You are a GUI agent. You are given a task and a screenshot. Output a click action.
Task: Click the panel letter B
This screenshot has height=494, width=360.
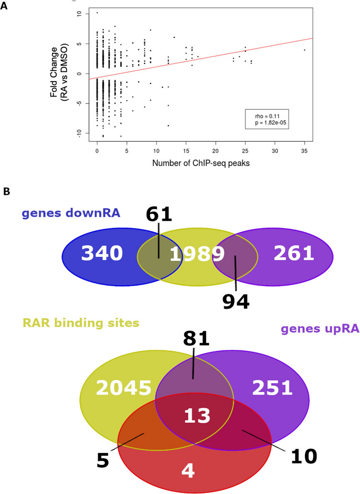tap(6, 192)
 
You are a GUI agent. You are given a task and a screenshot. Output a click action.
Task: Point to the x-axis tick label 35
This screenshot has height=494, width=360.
tap(304, 151)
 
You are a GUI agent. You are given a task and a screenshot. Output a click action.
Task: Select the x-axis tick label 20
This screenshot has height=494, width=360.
tap(215, 151)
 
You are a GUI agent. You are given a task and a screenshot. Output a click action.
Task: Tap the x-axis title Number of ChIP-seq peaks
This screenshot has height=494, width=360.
tap(201, 163)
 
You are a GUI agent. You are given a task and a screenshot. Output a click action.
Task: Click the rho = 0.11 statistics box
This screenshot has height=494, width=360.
tap(267, 119)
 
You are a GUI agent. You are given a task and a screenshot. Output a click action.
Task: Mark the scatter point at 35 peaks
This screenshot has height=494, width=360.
tap(304, 50)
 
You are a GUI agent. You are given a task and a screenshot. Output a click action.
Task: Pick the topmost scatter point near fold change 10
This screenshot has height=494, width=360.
tap(97, 13)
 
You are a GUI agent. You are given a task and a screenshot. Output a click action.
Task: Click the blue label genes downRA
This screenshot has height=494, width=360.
tap(71, 213)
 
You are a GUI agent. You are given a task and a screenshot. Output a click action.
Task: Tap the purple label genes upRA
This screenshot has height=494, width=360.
tap(320, 329)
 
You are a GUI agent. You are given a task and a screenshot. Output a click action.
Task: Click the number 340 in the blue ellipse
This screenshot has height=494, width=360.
tap(102, 253)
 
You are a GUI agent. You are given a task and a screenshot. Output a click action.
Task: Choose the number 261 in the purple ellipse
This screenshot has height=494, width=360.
tap(294, 253)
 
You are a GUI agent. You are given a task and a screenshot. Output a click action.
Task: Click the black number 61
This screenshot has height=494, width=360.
tap(159, 214)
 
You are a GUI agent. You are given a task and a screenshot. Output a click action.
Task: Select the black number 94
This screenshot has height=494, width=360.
tap(236, 302)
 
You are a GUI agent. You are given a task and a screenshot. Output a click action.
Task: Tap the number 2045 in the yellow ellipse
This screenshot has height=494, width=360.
tap(124, 388)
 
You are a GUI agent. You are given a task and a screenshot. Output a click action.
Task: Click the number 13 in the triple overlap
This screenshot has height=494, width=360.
tap(197, 415)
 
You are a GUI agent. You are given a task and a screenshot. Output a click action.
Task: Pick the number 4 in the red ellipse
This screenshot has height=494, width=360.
tap(188, 471)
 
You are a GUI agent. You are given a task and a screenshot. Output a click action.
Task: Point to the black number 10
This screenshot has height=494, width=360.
tap(304, 456)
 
